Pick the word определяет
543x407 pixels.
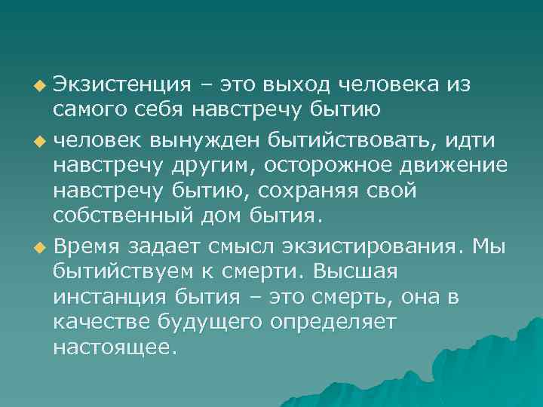tap(345, 323)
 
